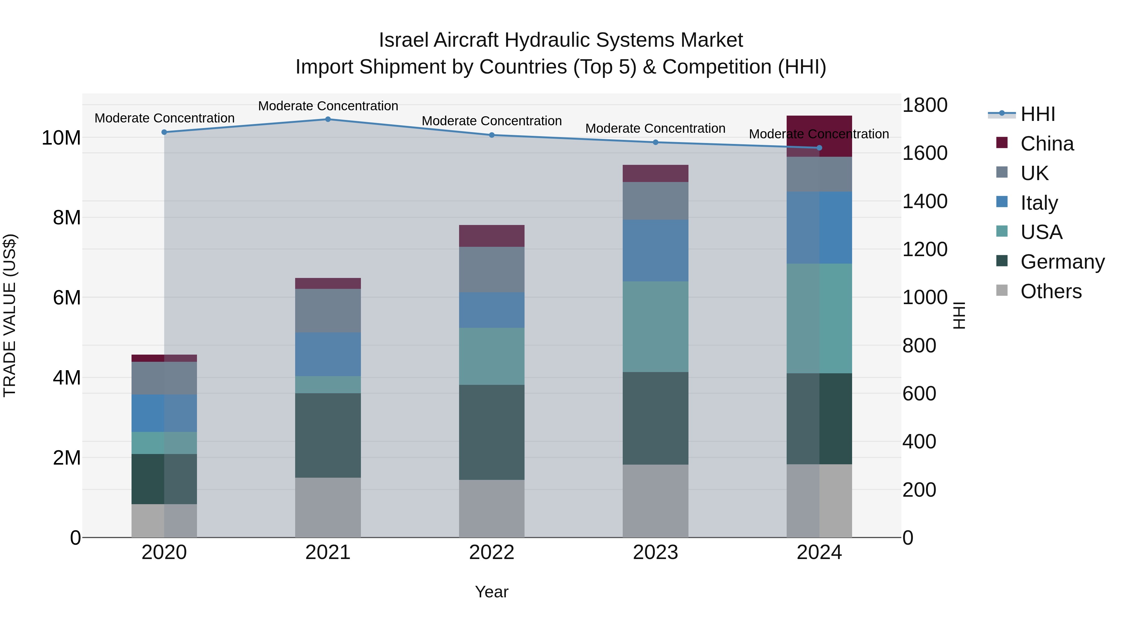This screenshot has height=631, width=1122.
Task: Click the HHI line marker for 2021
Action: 328,119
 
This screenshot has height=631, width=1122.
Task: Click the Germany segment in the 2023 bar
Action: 655,418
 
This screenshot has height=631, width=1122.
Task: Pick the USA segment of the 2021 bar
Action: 328,385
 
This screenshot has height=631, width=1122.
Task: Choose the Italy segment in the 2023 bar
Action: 655,251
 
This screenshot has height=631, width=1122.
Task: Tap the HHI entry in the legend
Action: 1037,114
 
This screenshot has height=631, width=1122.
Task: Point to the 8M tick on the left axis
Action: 67,217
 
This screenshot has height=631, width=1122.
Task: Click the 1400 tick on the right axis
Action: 924,201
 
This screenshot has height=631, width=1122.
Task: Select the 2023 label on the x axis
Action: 655,552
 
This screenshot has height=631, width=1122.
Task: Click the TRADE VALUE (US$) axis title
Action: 10,315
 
